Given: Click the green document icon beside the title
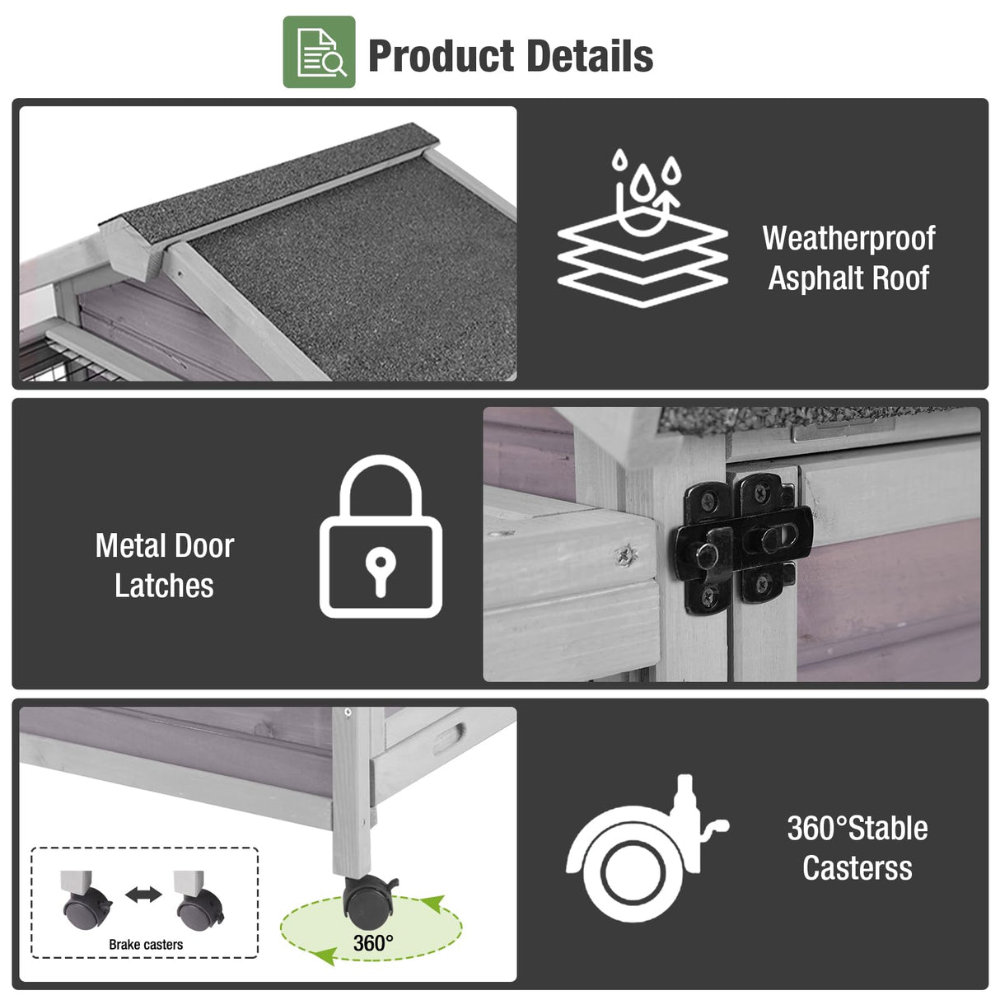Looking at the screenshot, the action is (319, 52).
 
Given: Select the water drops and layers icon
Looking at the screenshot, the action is (643, 228).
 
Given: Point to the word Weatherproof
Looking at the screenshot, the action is (848, 239).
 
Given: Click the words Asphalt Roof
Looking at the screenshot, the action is (848, 278).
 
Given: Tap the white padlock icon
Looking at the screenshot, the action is (381, 536).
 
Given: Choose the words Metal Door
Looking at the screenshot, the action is (165, 546).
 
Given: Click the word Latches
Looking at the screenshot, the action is (164, 586).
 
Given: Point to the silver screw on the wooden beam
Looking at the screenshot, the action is (626, 554).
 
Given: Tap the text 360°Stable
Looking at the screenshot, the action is (857, 828).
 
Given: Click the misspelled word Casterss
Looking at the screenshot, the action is (857, 868).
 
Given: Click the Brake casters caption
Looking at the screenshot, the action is (146, 945).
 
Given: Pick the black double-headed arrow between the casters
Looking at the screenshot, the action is (144, 895).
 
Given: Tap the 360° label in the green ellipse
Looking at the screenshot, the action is (373, 943).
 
